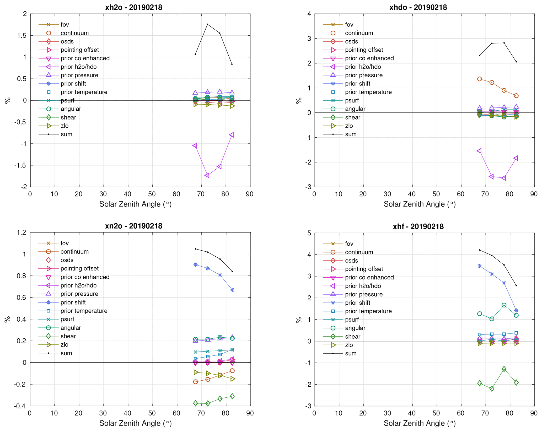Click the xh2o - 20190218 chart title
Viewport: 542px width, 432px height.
point(133,7)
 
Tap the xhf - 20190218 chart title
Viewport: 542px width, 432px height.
point(418,226)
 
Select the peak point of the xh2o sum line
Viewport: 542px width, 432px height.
point(207,24)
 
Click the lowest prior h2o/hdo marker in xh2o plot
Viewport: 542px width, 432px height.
point(207,175)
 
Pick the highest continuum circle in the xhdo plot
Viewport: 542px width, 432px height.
point(479,79)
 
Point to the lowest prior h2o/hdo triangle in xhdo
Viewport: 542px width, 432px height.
point(503,178)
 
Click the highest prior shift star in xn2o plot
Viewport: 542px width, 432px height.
point(195,265)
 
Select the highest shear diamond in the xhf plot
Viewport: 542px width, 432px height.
point(504,369)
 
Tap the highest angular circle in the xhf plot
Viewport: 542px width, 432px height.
point(504,305)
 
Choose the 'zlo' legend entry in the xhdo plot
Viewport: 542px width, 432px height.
point(349,126)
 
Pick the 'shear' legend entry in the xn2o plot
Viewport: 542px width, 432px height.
point(68,336)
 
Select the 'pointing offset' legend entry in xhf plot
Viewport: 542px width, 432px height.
point(364,269)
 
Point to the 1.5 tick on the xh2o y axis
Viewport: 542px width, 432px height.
point(23,35)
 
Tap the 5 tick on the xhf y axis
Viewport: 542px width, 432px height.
point(309,233)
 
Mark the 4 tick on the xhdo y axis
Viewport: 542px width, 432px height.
point(309,14)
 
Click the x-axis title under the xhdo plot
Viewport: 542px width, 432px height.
point(420,204)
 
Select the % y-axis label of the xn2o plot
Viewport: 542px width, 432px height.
point(8,319)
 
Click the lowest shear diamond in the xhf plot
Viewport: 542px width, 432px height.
point(492,388)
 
